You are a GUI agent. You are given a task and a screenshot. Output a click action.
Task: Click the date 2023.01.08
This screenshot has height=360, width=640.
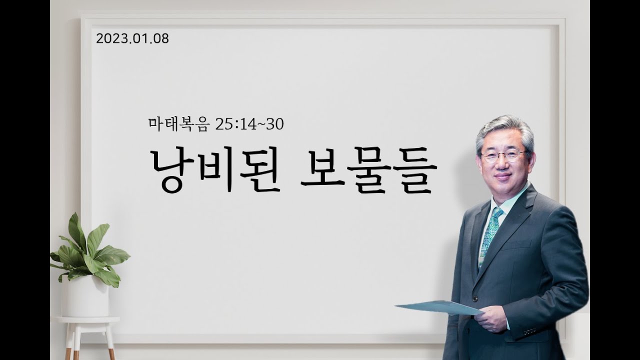coord(132,38)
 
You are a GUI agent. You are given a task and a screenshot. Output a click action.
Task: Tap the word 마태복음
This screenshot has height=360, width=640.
coord(179,124)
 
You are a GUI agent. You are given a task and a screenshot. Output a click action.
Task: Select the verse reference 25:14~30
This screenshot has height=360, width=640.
coord(249,124)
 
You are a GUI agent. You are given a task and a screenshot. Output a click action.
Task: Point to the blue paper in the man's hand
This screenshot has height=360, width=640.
coord(439,307)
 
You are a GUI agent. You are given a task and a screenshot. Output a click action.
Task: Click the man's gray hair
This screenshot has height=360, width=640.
coord(504,132)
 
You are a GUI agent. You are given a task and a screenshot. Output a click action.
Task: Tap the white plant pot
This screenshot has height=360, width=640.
coord(85,297)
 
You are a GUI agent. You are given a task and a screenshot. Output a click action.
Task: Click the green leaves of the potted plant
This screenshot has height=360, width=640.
coord(88,251)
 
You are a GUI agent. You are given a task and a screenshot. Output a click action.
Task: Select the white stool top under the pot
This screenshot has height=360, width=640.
coord(86,319)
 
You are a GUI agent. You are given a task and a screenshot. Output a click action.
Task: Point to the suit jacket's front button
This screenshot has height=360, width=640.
coord(475,298)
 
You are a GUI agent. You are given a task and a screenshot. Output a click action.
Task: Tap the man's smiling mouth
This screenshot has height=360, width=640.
coord(502,176)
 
